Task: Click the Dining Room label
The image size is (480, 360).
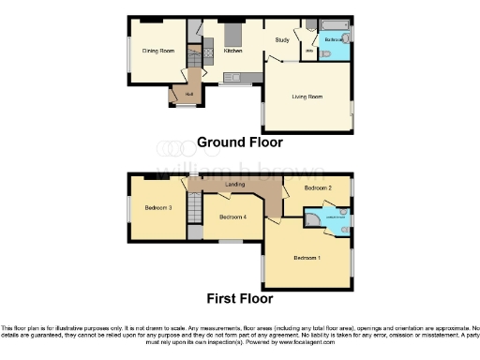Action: [158, 51]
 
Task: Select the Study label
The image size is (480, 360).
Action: [281, 40]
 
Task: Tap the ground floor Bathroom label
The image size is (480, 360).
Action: [334, 40]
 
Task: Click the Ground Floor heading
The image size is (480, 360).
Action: [239, 142]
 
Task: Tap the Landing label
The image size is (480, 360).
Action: [235, 185]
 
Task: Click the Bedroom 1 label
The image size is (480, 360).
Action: [307, 257]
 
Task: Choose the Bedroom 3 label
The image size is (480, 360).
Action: [157, 207]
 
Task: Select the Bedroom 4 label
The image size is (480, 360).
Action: [232, 217]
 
